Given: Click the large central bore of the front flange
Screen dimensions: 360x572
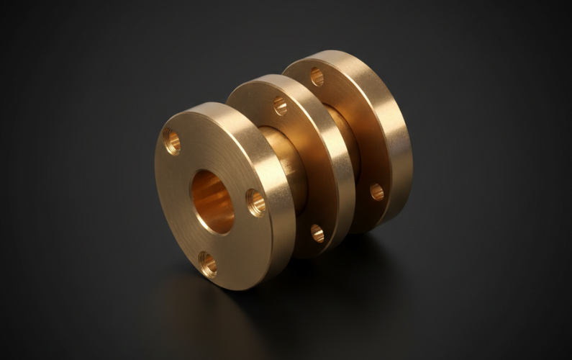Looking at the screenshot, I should coord(212,202).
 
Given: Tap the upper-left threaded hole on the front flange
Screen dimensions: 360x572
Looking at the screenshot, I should coord(172,141).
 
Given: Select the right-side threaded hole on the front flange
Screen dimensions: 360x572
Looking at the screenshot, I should coord(256,202).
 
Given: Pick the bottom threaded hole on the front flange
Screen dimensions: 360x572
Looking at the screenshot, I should coord(208,264).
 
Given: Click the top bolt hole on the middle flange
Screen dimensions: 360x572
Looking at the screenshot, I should coord(280,106).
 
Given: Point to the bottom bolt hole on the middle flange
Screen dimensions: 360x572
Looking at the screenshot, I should coord(317,233).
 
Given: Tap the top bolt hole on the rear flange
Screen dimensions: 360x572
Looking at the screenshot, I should coord(317,76).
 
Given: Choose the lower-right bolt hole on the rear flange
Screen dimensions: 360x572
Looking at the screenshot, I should coord(377,192).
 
